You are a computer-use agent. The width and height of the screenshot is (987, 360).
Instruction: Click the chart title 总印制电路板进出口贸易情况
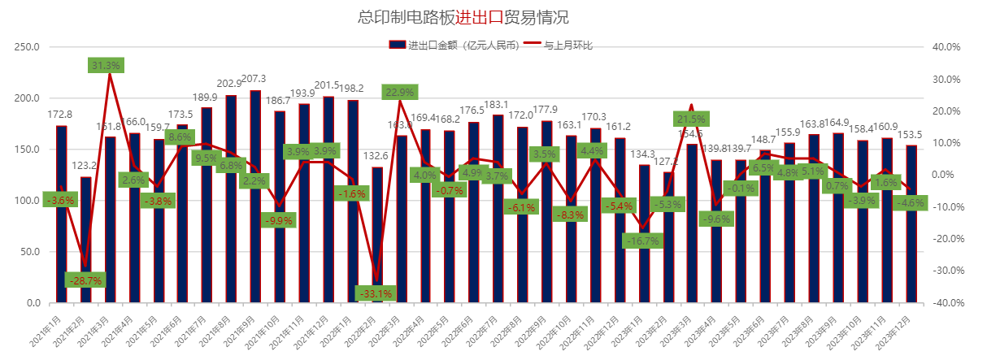(463, 17)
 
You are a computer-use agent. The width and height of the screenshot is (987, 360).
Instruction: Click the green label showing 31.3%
(106, 65)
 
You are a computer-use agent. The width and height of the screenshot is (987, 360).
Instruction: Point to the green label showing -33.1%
(376, 293)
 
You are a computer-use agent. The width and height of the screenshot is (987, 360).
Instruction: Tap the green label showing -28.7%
(85, 280)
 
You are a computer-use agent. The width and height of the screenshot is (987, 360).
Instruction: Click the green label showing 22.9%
(401, 92)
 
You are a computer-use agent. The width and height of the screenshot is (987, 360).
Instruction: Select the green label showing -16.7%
(643, 241)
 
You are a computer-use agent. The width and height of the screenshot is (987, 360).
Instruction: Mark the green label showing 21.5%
(691, 119)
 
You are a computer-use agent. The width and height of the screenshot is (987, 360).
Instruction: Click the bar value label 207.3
(254, 79)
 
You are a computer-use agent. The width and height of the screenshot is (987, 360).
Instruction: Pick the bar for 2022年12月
(620, 220)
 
